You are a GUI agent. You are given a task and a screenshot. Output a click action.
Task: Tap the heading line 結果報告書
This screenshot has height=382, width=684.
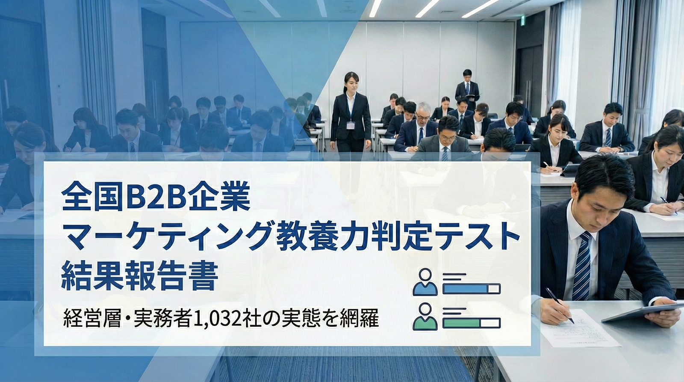(139, 277)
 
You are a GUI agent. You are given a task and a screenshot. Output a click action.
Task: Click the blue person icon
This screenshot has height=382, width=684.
(425, 282)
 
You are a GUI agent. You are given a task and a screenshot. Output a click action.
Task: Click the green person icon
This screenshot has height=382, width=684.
(425, 316)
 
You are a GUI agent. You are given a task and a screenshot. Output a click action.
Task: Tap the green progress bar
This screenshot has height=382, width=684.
(472, 323)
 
